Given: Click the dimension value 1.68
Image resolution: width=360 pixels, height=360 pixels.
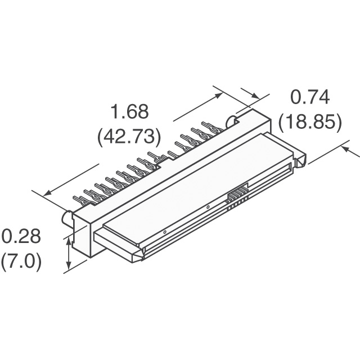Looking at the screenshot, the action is coord(129,112).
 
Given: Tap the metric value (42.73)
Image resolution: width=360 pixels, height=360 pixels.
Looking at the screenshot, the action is coord(129,136).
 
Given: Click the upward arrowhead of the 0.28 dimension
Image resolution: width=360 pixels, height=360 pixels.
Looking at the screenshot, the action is coord(69,242).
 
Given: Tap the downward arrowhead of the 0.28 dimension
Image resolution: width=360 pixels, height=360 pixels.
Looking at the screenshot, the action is coord(69,266).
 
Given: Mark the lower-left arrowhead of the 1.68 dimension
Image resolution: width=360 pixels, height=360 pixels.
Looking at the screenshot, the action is coord(47,193).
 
